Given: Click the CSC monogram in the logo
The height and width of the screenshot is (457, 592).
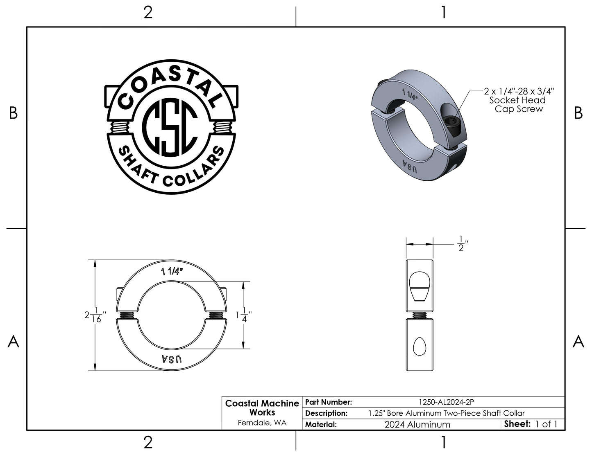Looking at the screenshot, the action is pyautogui.click(x=170, y=127).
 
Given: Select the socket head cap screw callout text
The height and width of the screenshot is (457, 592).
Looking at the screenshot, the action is pyautogui.click(x=519, y=100).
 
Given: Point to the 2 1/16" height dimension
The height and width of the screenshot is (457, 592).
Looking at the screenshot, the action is pyautogui.click(x=95, y=315).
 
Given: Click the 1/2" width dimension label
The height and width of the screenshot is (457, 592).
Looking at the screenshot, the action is pyautogui.click(x=462, y=244).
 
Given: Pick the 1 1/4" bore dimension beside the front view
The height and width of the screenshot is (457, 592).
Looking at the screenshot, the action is pyautogui.click(x=244, y=315).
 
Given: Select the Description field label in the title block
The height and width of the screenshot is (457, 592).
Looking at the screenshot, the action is pyautogui.click(x=326, y=413).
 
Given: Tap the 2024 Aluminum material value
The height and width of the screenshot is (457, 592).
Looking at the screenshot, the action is pyautogui.click(x=417, y=424).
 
